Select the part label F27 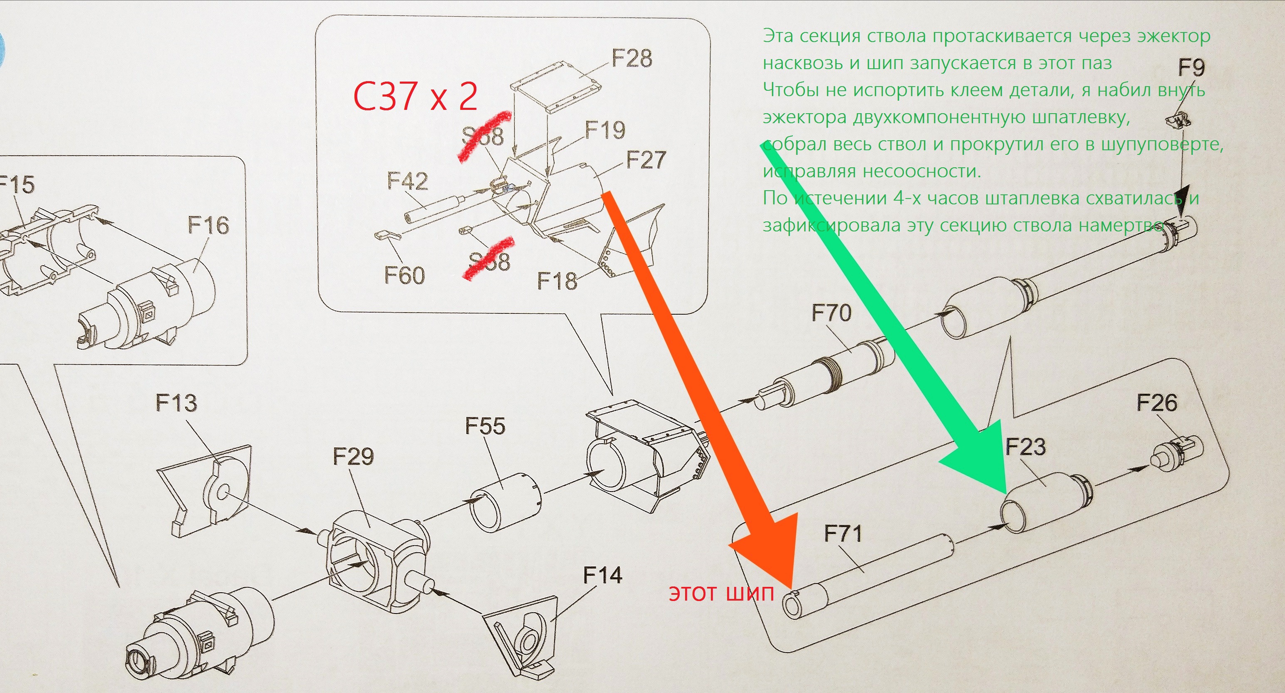click(646, 160)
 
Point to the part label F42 click(408, 181)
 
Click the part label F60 click(404, 275)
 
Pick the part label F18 click(557, 281)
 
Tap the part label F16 click(208, 225)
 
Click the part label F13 click(176, 402)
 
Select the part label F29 click(353, 456)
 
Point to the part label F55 click(485, 426)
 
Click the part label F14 click(603, 575)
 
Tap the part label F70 click(831, 313)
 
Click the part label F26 click(1157, 402)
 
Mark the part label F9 click(1191, 67)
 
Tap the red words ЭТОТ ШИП click(721, 594)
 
